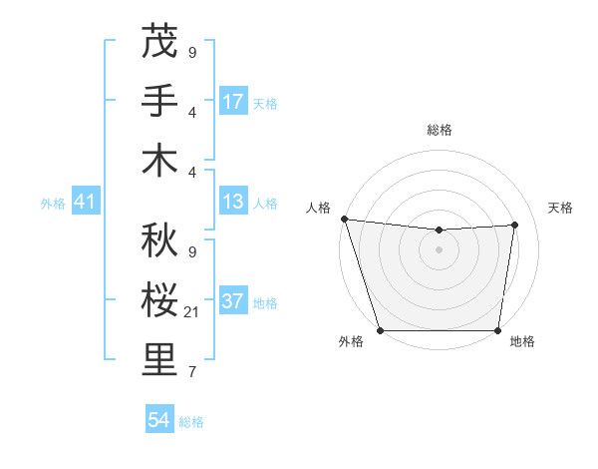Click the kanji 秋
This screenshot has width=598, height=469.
point(159,239)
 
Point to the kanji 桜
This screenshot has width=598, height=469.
point(159,299)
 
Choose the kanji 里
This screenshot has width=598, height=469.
point(159,360)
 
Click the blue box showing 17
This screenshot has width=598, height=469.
point(233,102)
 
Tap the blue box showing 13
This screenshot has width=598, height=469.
point(233,203)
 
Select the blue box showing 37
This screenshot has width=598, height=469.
point(233,302)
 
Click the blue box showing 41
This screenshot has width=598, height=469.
point(85,203)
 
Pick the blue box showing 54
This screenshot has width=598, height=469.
point(159,421)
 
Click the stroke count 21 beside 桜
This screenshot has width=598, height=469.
point(193,312)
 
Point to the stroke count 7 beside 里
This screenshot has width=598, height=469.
point(191,373)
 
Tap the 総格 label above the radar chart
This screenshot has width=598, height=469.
point(439,130)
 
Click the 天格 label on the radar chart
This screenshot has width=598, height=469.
point(560,208)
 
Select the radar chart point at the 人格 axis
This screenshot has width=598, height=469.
point(344,219)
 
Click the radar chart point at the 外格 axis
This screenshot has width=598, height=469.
point(380,330)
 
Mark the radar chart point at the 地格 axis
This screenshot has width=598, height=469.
point(497,330)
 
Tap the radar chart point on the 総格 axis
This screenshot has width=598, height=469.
point(439,231)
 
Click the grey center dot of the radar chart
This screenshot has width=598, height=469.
point(439,249)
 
